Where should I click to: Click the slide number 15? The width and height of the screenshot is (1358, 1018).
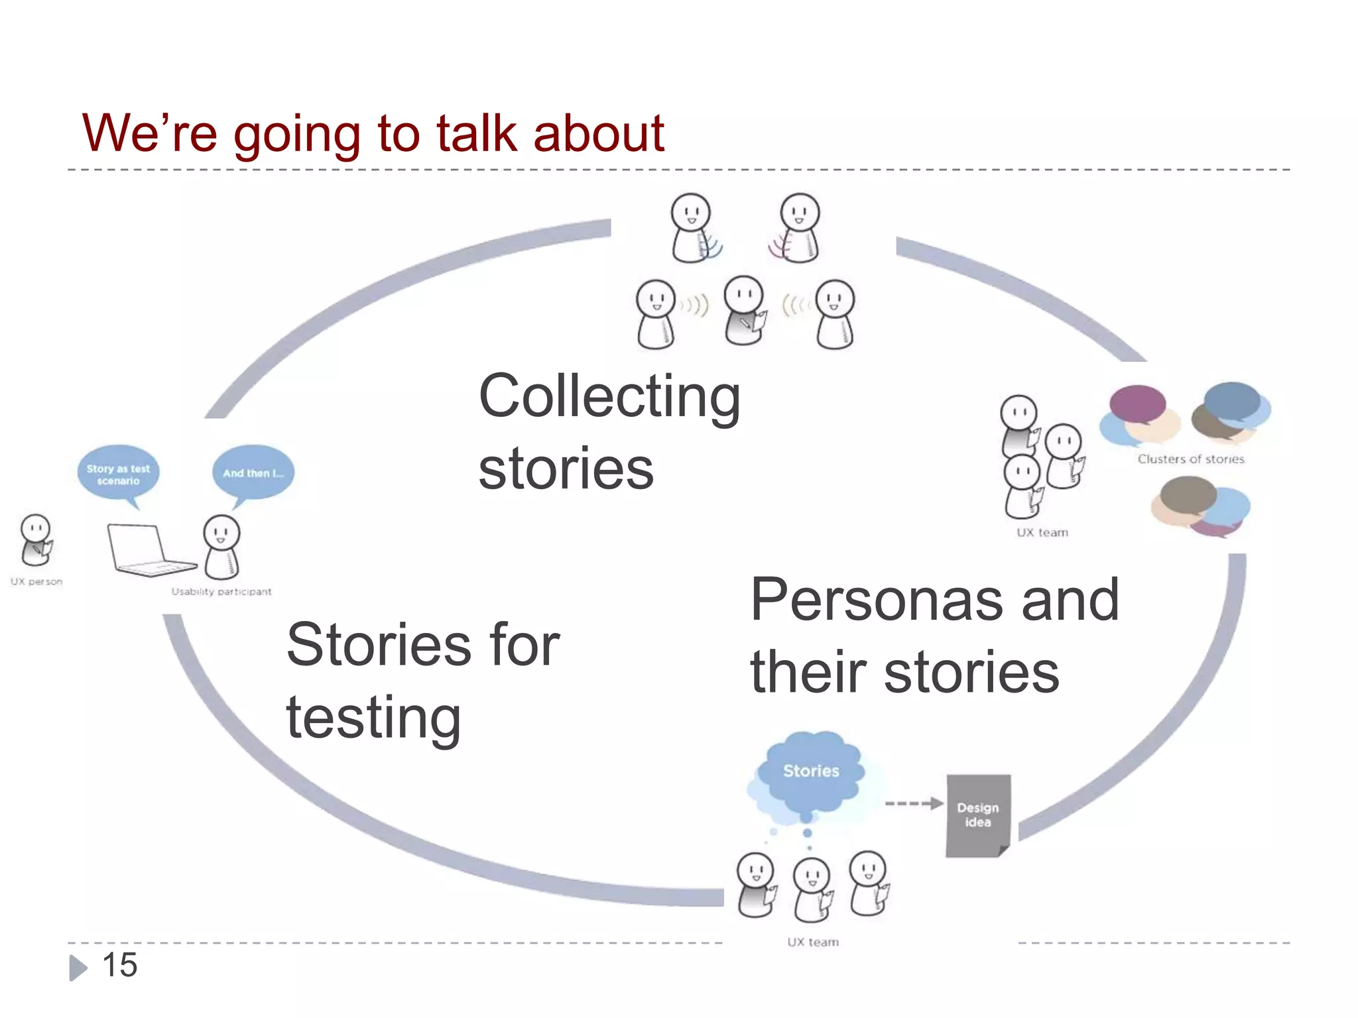tap(120, 965)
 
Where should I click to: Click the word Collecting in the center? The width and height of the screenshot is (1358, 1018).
tap(609, 398)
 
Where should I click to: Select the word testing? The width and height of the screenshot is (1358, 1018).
tap(373, 719)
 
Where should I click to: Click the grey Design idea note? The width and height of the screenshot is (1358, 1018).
tap(978, 815)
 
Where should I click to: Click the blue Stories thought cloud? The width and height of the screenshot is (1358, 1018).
tap(810, 773)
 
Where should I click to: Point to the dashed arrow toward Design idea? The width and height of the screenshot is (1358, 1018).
tap(914, 804)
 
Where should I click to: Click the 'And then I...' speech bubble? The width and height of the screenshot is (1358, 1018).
tap(253, 473)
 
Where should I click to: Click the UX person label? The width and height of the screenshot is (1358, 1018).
tap(36, 582)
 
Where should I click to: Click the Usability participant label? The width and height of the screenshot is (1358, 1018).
tap(221, 592)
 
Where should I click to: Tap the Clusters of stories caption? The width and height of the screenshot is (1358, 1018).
tap(1191, 459)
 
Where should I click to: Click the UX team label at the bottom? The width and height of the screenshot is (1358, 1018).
tap(813, 942)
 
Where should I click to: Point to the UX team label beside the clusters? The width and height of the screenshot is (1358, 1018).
tap(1042, 533)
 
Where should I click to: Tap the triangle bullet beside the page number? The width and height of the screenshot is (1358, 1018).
tap(78, 968)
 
